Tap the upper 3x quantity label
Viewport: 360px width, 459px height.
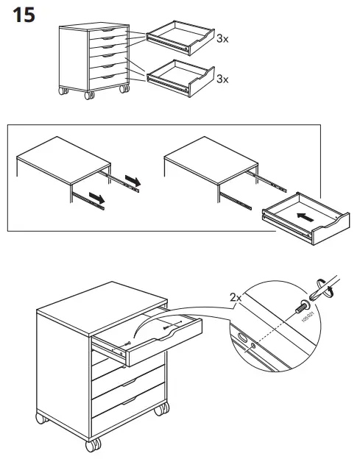click(x=223, y=39)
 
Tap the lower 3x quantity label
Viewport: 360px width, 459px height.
click(x=223, y=79)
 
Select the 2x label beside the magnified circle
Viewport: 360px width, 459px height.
click(x=236, y=298)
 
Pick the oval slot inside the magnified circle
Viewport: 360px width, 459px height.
click(x=242, y=339)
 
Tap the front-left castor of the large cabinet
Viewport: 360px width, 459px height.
click(x=92, y=444)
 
